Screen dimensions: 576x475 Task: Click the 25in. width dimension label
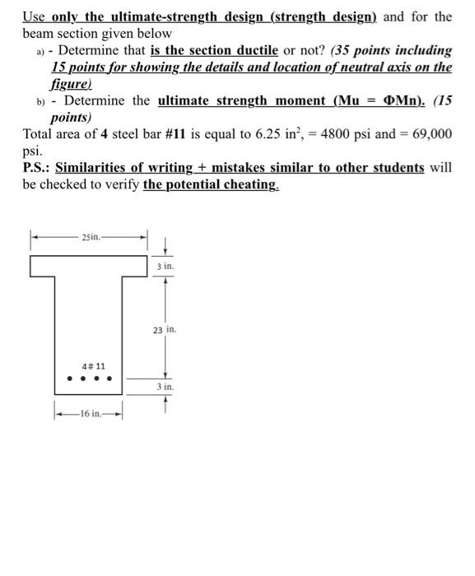[x=91, y=237]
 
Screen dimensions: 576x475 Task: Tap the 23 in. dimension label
[x=163, y=330]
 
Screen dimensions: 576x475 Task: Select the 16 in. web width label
[x=87, y=415]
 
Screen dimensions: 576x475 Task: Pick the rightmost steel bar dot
[x=109, y=380]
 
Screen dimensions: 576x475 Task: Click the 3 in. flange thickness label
[x=165, y=267]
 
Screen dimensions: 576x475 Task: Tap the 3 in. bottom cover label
[x=165, y=386]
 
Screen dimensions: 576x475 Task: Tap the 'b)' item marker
[x=40, y=103]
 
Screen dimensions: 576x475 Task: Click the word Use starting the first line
[x=35, y=16]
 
